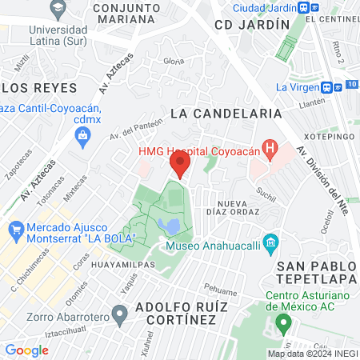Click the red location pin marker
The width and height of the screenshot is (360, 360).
coord(180,166)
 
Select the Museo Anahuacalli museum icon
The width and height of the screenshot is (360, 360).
coord(270,242)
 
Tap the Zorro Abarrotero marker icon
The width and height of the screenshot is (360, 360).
coord(120,313)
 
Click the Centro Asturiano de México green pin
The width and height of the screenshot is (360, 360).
coord(282,323)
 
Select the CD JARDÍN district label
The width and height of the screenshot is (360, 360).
coord(251,25)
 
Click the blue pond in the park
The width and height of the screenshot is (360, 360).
coord(170,227)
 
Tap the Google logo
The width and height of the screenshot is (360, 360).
coord(26,350)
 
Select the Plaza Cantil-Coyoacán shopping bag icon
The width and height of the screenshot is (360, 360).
coord(82,136)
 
